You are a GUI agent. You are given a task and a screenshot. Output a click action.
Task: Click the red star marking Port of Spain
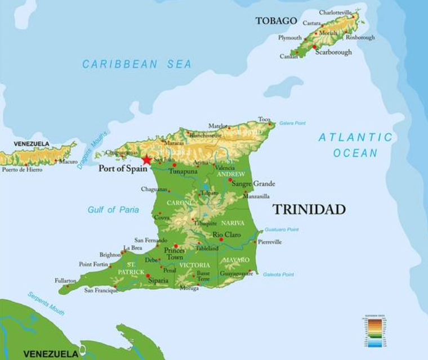(x=146, y=160)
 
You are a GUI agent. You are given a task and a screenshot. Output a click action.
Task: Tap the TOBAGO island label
(x=276, y=21)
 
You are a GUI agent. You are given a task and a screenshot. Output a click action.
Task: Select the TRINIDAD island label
(x=309, y=210)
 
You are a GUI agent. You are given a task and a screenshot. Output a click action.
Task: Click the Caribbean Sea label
(x=137, y=64)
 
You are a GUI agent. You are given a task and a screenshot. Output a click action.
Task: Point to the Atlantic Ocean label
(x=355, y=145)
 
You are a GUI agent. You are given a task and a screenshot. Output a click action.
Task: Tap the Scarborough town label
(x=333, y=52)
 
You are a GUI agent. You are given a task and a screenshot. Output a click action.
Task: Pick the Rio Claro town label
(x=226, y=235)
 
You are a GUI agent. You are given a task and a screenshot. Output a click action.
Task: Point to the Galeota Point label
(x=279, y=274)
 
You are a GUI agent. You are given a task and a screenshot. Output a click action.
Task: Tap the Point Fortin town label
(x=93, y=264)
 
